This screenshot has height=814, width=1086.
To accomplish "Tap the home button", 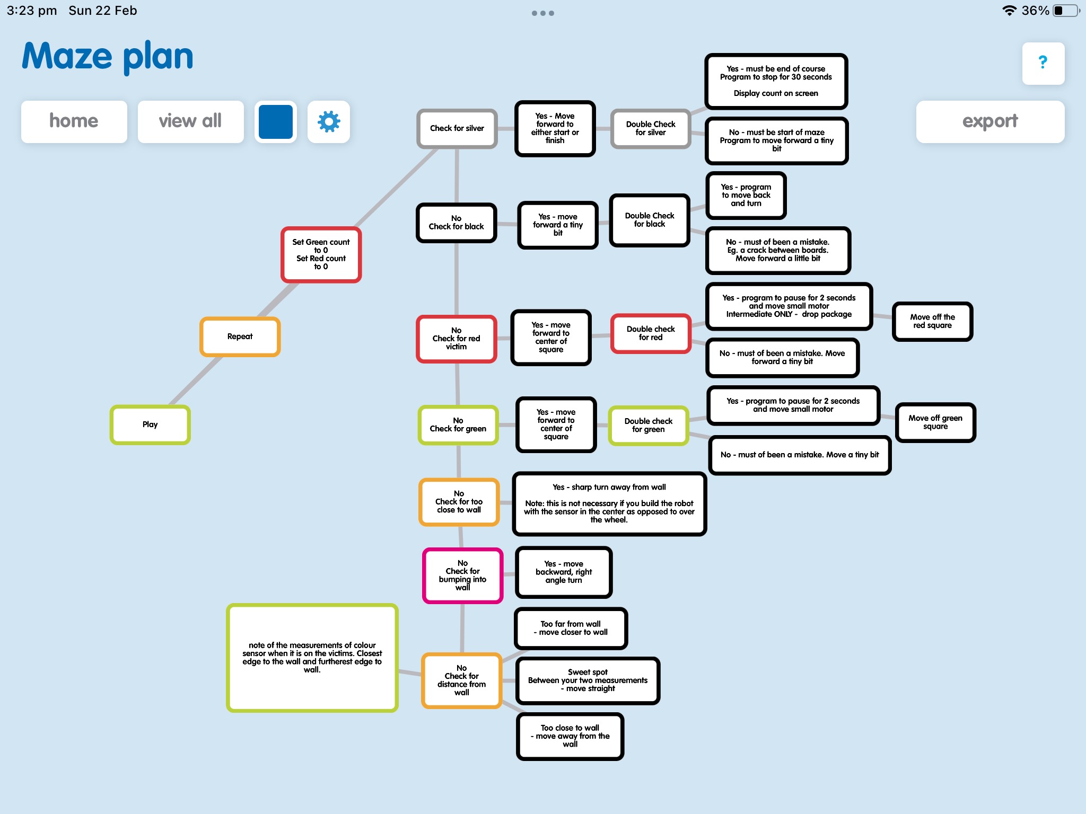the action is click(x=74, y=121).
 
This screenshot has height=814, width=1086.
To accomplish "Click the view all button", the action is click(x=190, y=121).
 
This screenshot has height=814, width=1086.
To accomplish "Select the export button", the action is click(x=990, y=121).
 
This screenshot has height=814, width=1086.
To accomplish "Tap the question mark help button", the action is click(x=1043, y=63).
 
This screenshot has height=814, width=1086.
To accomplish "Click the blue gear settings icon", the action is click(x=329, y=121).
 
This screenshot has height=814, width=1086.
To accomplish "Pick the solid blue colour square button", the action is click(x=276, y=121).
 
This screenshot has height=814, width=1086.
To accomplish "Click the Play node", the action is click(x=150, y=424).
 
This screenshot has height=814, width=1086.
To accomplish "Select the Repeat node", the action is click(x=240, y=337).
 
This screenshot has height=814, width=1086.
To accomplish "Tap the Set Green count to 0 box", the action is click(x=321, y=254).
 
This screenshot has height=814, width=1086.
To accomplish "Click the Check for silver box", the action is click(x=457, y=128).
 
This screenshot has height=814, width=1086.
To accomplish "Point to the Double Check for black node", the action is click(x=650, y=220).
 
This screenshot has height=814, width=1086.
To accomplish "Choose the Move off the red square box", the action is click(x=933, y=321).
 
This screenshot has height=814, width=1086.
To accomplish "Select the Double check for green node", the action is click(x=649, y=426).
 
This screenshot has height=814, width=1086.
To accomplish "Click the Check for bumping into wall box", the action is click(x=463, y=576).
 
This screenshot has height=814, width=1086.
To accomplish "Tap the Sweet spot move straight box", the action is click(x=588, y=680).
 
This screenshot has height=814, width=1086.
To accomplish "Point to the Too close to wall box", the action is click(x=570, y=736).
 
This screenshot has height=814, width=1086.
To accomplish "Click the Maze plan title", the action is click(x=108, y=56).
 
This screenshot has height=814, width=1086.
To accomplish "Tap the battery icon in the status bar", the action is click(x=1066, y=11).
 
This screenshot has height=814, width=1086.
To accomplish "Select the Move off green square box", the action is click(x=935, y=422).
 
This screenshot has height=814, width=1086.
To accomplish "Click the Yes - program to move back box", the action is click(x=746, y=196).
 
